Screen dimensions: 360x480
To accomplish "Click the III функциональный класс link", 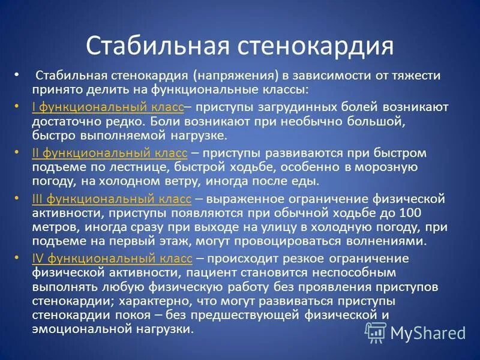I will pyautogui.click(x=112, y=198).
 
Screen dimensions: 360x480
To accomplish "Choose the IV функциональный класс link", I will pyautogui.click(x=112, y=258).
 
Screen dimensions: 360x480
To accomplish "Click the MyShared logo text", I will pyautogui.click(x=427, y=333).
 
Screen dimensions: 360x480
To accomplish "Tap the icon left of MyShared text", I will pyautogui.click(x=376, y=332).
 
